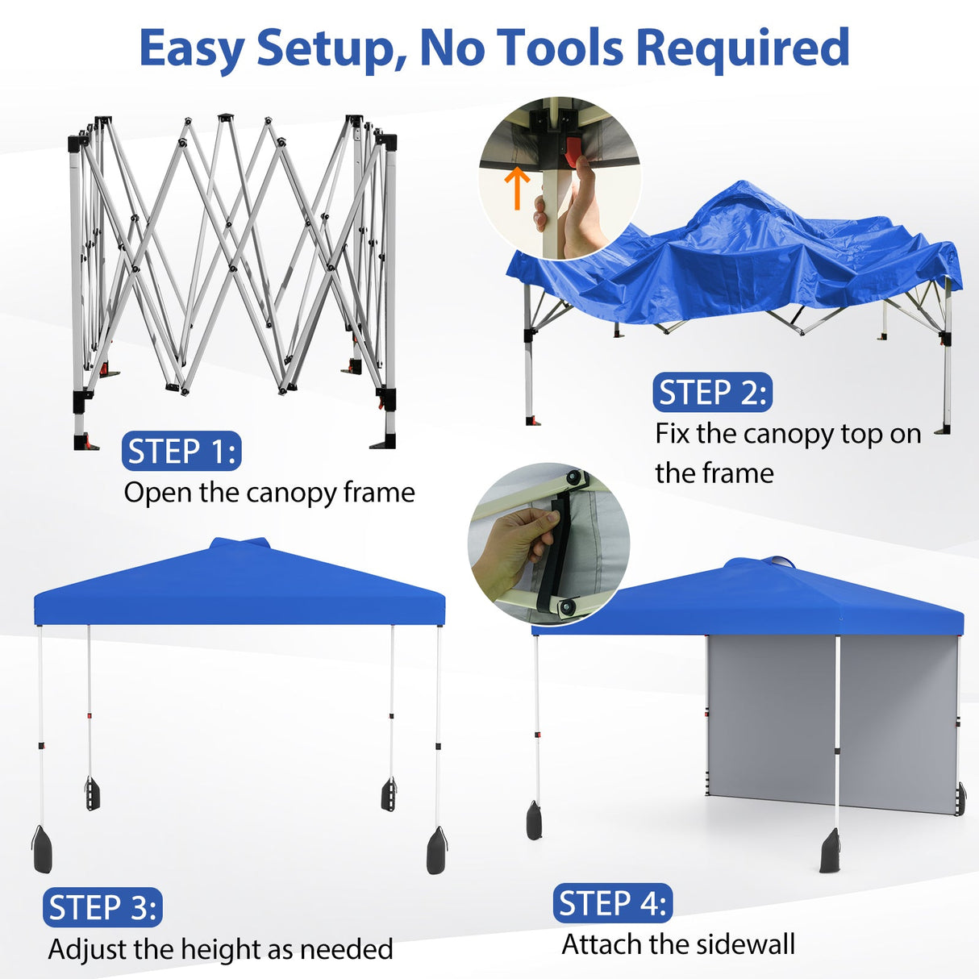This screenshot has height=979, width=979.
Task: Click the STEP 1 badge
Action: pyautogui.click(x=181, y=452)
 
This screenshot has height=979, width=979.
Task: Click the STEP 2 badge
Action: pyautogui.click(x=712, y=393)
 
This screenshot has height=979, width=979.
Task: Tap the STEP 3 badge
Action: pyautogui.click(x=102, y=908)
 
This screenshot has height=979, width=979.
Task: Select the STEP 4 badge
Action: pyautogui.click(x=613, y=903)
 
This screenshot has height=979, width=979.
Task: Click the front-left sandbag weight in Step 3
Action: pyautogui.click(x=42, y=850)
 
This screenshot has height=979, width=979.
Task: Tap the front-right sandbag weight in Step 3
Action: pyautogui.click(x=436, y=851)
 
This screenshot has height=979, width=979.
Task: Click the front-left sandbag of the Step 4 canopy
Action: pyautogui.click(x=534, y=821)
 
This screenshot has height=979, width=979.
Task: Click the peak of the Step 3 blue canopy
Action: pyautogui.click(x=239, y=542)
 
